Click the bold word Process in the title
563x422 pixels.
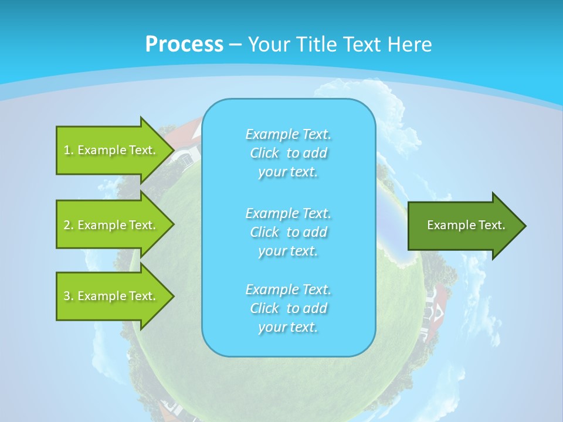click(x=184, y=45)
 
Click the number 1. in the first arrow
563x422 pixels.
click(x=68, y=150)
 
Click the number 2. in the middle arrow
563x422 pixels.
click(x=68, y=225)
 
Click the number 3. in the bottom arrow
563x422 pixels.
click(x=68, y=296)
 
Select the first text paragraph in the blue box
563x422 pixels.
click(x=288, y=153)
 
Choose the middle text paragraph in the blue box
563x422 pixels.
click(x=288, y=232)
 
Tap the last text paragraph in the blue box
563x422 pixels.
click(x=288, y=308)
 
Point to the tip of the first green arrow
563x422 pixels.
click(x=173, y=150)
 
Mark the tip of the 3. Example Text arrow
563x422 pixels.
click(x=173, y=296)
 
